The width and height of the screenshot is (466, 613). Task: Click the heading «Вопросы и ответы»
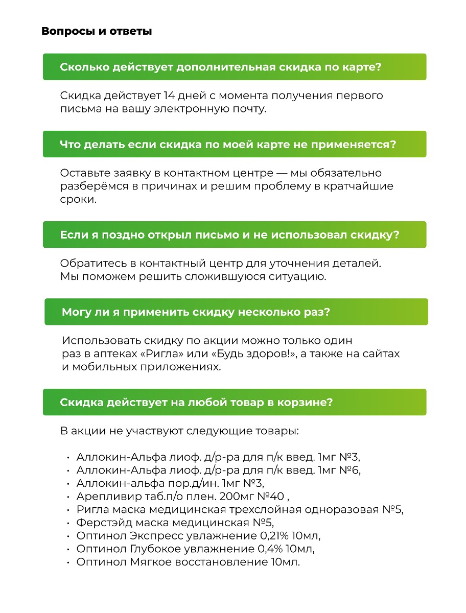pyautogui.click(x=97, y=32)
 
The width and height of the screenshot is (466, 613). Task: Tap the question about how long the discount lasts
pyautogui.click(x=221, y=67)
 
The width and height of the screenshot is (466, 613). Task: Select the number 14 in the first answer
pyautogui.click(x=171, y=96)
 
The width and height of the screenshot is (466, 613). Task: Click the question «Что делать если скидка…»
pyautogui.click(x=228, y=144)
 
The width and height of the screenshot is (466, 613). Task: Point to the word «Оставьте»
pyautogui.click(x=84, y=174)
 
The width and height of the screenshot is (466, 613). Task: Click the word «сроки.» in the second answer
pyautogui.click(x=78, y=200)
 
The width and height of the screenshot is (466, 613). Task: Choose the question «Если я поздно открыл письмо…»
pyautogui.click(x=229, y=234)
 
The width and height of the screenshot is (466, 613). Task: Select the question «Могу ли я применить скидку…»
pyautogui.click(x=196, y=312)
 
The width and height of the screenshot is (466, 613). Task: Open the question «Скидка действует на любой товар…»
pyautogui.click(x=196, y=402)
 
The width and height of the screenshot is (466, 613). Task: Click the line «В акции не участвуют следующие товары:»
pyautogui.click(x=179, y=431)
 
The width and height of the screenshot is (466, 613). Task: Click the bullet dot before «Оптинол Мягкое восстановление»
pyautogui.click(x=68, y=563)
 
